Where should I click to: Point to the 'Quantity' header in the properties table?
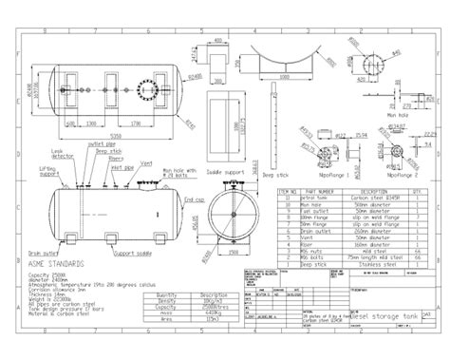click(x=165, y=295)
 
